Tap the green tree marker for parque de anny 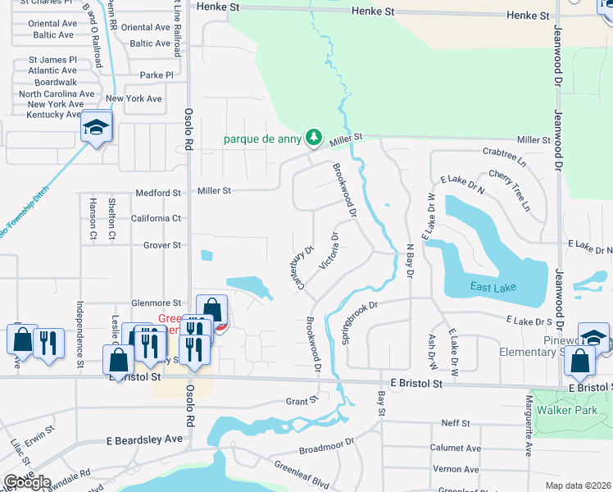[312, 138]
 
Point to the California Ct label [156, 219]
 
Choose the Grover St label [161, 245]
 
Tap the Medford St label [159, 194]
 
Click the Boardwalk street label [56, 83]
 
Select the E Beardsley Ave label [144, 440]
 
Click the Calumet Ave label [455, 449]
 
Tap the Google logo [26, 482]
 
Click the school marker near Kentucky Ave [96, 127]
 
